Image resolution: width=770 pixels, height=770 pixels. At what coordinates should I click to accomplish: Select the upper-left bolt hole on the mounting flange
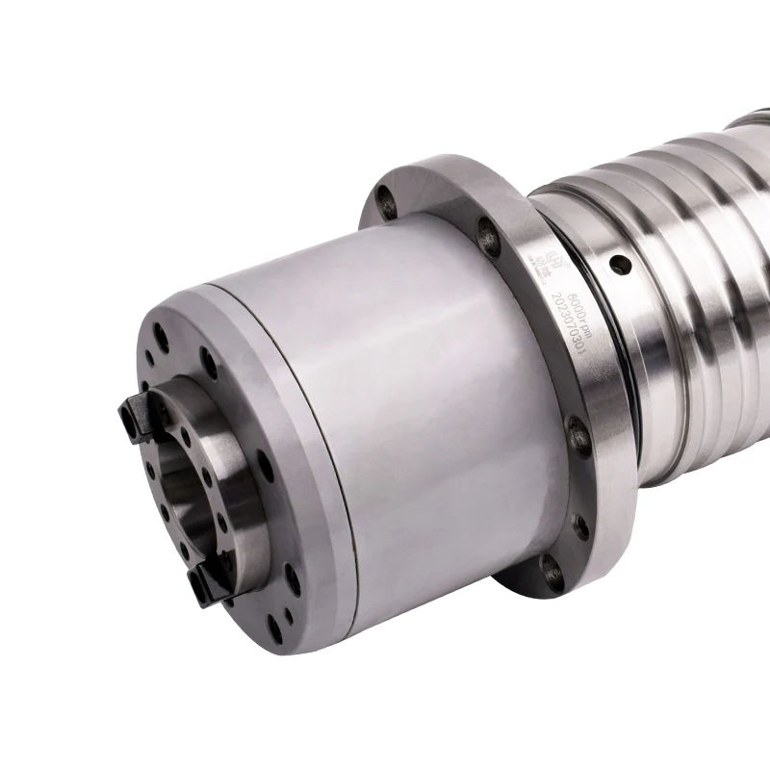tap(387, 199)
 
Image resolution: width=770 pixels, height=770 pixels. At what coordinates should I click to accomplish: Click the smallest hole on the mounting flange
tap(581, 526)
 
